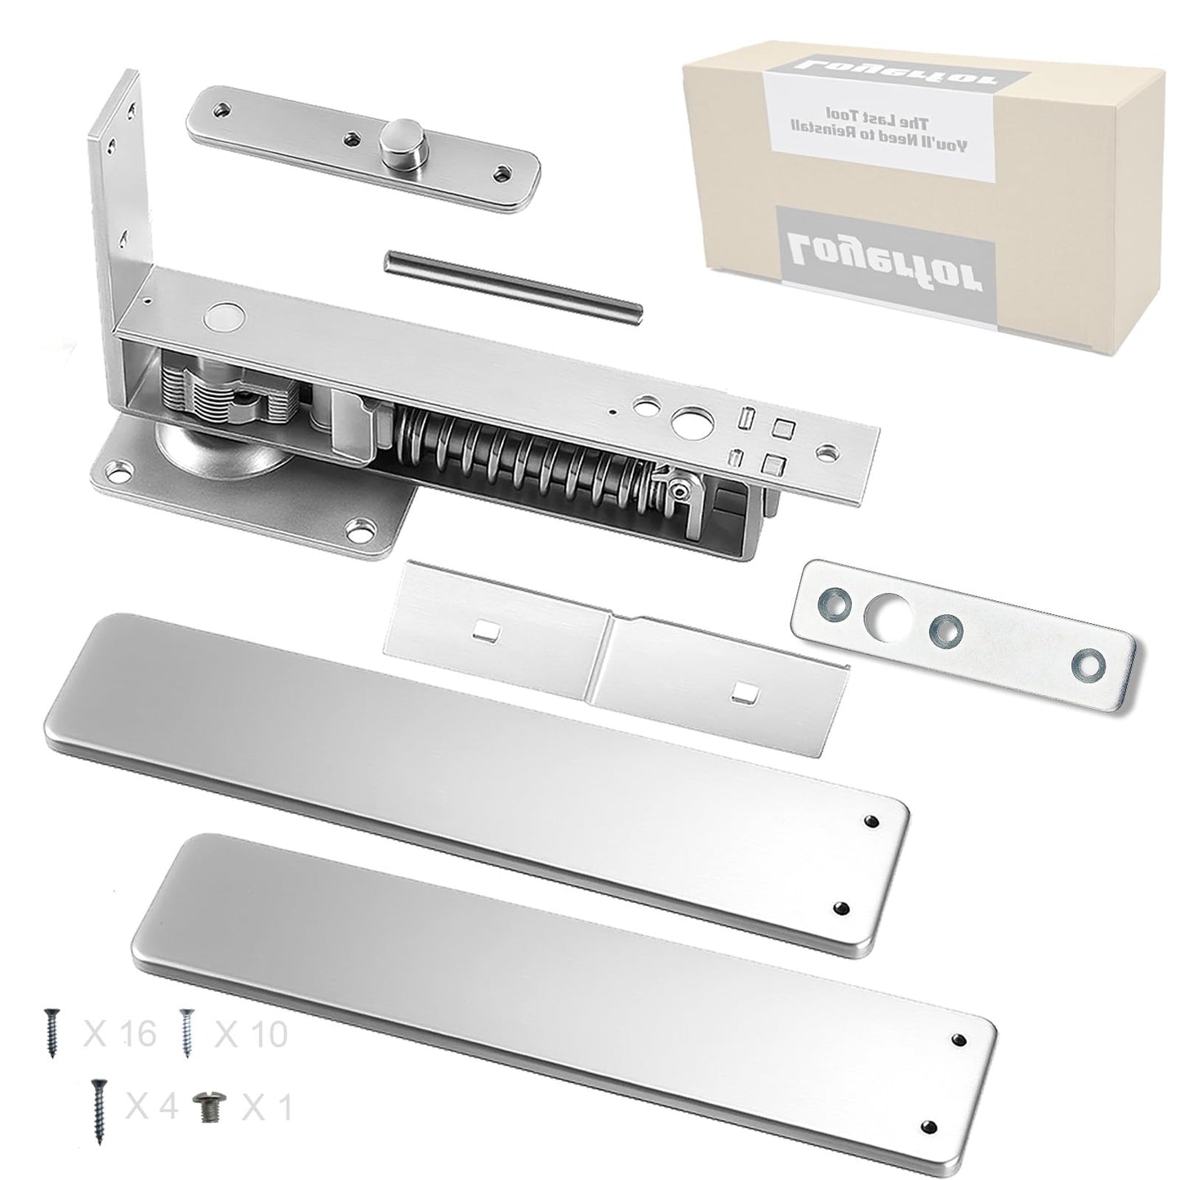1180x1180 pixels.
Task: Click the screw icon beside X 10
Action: (x=188, y=1031)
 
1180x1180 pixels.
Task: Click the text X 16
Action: (x=120, y=1034)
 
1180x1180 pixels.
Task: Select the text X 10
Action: (x=251, y=1034)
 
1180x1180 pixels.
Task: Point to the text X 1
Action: (x=267, y=1107)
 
